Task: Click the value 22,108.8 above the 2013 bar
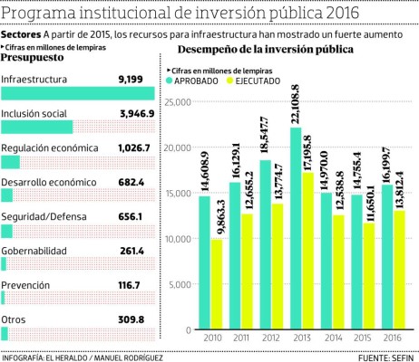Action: coord(296,101)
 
